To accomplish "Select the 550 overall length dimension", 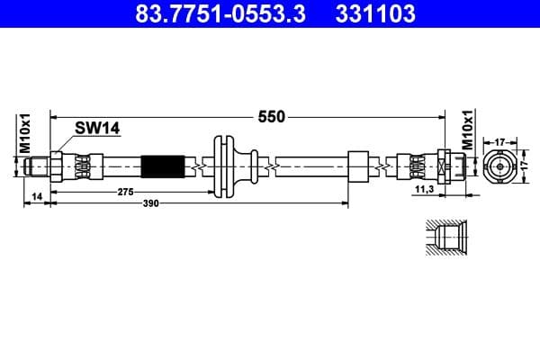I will (271, 117).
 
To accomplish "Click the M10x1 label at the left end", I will (26, 132).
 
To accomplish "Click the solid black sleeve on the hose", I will (164, 166).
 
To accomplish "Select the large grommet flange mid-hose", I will (223, 166).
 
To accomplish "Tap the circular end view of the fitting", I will (499, 166).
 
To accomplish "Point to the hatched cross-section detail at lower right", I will (443, 238).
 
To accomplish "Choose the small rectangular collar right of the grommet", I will (358, 166).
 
